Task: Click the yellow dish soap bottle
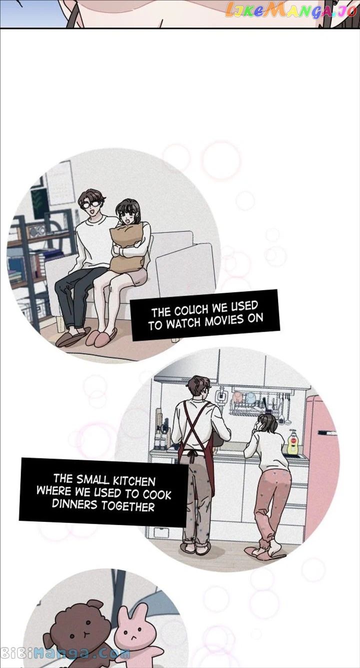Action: point(292,442)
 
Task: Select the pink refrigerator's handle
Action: point(326,432)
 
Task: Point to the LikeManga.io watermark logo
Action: point(290,11)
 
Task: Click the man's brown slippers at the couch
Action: point(73,336)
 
